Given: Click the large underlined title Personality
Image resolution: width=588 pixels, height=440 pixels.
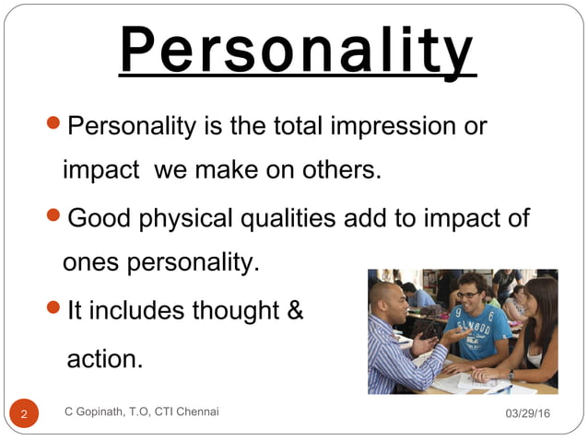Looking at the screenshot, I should [297, 51].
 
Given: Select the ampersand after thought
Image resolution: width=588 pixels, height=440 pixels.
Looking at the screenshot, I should [296, 311].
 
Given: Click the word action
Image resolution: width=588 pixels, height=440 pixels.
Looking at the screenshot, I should [105, 358].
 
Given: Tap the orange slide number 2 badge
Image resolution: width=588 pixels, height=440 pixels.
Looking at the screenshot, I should [24, 413].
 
